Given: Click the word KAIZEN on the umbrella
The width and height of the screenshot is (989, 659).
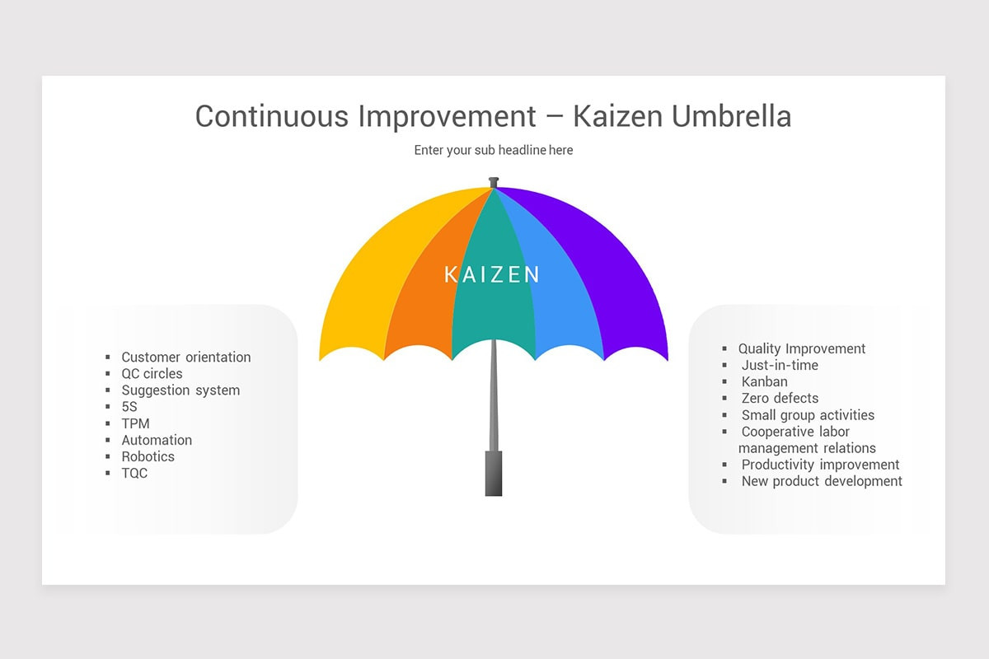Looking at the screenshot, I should (x=492, y=274).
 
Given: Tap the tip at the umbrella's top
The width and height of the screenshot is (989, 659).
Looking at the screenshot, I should (x=494, y=181).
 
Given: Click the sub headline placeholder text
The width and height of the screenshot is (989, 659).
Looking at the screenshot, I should (x=493, y=150).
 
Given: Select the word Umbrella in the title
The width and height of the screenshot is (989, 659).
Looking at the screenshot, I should (x=732, y=116).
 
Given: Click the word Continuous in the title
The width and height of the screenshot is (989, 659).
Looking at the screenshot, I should (x=271, y=116).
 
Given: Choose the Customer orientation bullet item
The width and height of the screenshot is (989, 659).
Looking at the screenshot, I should (x=186, y=357).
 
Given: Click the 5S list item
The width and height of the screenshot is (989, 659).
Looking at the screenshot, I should (x=130, y=407).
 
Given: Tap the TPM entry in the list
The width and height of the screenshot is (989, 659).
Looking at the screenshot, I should (x=136, y=423).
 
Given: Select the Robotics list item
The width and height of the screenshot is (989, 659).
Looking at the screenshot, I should (x=148, y=456).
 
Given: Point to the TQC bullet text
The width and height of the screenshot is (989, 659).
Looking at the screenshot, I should (x=135, y=473).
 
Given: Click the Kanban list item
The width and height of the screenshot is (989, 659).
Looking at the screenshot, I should (x=765, y=381).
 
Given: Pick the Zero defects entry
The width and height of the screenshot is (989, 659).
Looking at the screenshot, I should (x=780, y=398).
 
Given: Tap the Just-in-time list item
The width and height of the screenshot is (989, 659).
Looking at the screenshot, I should (x=780, y=365).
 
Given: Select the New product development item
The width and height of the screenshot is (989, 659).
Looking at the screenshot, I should (x=822, y=481).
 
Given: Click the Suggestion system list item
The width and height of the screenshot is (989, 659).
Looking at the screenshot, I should (x=180, y=390).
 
